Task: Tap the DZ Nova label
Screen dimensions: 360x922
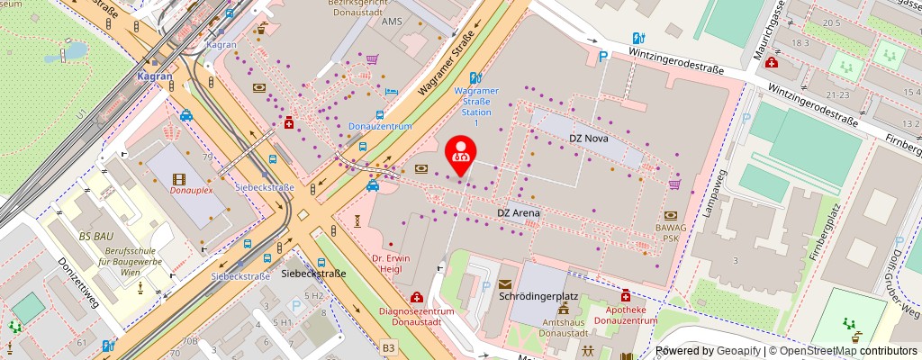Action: [590, 139]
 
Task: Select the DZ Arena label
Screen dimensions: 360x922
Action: [520, 212]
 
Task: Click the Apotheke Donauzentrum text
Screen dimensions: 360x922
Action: [626, 316]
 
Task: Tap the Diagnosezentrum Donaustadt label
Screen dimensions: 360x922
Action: [416, 318]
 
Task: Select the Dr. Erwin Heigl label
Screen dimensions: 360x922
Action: [391, 264]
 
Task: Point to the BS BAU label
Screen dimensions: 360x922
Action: [96, 235]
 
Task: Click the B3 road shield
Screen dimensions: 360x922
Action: [388, 346]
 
